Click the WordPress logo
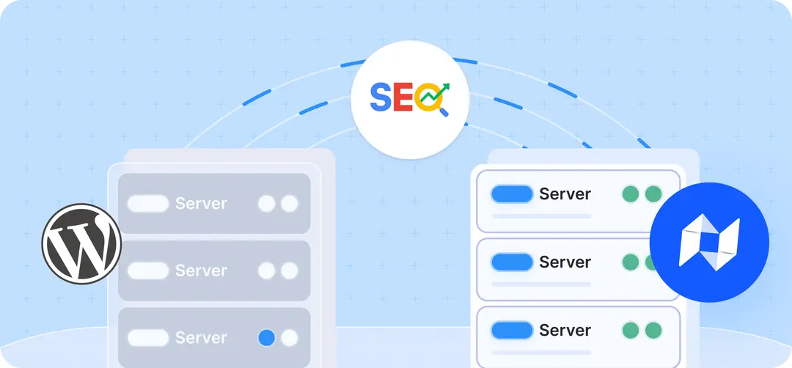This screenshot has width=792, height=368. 81,243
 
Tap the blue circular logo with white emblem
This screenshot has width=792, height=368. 709,243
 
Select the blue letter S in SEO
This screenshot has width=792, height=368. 381,97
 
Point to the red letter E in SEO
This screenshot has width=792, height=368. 403,97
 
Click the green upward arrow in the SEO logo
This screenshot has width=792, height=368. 436,92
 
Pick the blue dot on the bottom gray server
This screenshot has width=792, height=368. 267,338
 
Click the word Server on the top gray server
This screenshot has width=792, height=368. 201,204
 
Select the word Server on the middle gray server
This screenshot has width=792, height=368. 201,271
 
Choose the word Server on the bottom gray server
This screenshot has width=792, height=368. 201,338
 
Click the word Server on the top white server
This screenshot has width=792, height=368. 565,194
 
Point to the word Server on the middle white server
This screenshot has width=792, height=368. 565,262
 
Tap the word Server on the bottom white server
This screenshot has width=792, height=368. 565,330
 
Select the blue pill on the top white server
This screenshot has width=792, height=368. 512,194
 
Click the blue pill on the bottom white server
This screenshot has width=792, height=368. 512,330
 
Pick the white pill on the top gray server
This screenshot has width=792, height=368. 148,204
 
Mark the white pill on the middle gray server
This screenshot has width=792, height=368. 148,271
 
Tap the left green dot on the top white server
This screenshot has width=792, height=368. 631,194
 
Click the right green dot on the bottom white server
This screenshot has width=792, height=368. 653,330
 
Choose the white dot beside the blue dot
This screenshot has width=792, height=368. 290,338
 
